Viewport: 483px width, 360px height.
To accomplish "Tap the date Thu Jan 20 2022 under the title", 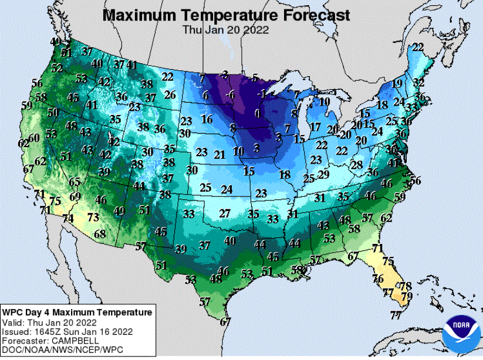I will point(226,29).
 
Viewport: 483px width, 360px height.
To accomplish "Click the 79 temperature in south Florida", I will point(406,296).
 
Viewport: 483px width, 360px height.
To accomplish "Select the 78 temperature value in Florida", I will point(405,286).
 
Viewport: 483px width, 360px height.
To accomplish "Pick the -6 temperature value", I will point(231,94).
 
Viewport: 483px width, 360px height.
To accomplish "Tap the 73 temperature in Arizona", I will point(93,217).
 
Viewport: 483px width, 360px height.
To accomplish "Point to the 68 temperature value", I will point(100,234).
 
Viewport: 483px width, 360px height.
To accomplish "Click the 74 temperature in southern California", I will point(68,219).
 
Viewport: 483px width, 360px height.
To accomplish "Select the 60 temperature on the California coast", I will point(35,138).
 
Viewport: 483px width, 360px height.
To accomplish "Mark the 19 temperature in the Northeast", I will point(397,83).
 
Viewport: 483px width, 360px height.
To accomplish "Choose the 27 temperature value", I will point(224,213).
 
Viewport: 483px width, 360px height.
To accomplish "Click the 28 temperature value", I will point(356,165).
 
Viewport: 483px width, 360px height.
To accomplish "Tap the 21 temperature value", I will point(219,155).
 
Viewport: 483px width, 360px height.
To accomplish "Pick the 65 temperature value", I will point(75,182).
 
